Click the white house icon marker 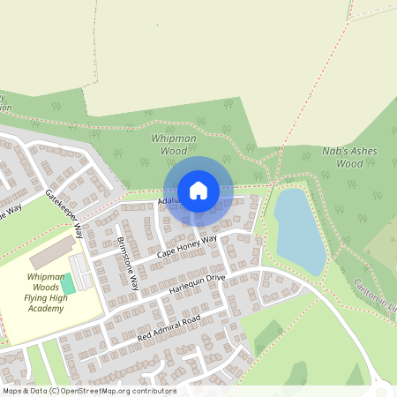click(198, 191)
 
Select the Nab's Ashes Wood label click(350, 157)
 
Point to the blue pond click(298, 231)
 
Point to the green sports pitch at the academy click(68, 285)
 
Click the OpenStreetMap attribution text click(88, 391)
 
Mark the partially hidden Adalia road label click(169, 201)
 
